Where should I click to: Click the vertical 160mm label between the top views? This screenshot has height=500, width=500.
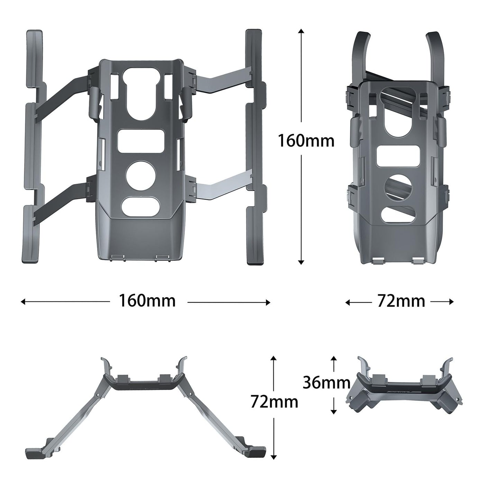coord(306,141)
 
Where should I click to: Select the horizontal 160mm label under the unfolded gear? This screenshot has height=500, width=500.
coord(147,301)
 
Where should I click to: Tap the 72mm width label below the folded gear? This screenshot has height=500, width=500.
coord(401,301)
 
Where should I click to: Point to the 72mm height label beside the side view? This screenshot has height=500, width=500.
coord(274,402)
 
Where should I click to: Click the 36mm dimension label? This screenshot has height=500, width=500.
coord(326,383)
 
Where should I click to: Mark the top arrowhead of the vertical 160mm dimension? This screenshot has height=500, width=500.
coord(301,31)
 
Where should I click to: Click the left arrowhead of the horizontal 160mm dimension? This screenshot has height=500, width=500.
coord(23,302)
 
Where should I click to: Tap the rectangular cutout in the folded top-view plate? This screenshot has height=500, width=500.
coord(398,156)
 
